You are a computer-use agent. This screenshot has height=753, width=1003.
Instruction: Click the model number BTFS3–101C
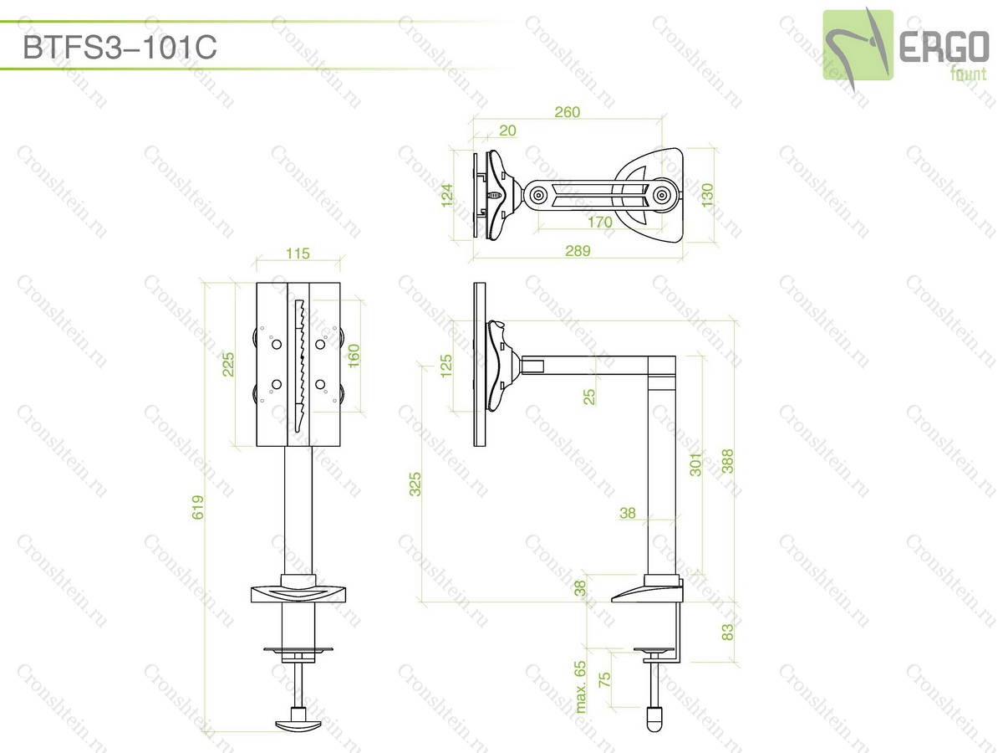click(120, 48)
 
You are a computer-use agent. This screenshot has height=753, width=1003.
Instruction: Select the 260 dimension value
click(567, 112)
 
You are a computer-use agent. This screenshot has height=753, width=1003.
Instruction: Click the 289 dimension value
click(578, 250)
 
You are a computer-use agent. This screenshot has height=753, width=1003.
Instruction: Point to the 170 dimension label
click(599, 223)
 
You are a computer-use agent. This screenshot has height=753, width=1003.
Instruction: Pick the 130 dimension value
click(707, 195)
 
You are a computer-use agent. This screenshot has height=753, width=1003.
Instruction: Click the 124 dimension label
click(447, 195)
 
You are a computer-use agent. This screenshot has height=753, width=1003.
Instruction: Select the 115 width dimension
click(298, 254)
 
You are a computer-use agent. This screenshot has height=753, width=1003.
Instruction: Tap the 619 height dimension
click(197, 508)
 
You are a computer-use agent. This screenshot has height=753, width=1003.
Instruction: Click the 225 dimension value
click(228, 365)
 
